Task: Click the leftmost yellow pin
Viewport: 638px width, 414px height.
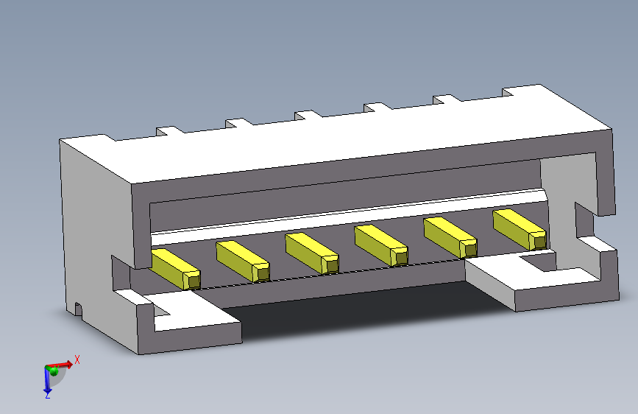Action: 175,270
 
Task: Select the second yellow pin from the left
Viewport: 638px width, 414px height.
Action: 243,262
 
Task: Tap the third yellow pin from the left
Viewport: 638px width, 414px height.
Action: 312,253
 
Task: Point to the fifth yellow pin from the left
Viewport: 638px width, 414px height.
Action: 450,238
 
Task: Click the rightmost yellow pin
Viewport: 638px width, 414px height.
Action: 520,230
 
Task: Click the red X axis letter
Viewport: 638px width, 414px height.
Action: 77,359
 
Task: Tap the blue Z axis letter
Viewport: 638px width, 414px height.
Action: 48,394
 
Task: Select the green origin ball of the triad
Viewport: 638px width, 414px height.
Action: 53,371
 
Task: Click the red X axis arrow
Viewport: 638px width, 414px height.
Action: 59,365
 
